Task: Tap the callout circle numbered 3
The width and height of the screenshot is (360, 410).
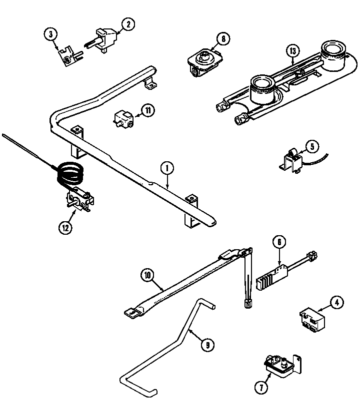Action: (49, 34)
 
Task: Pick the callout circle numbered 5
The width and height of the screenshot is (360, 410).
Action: (311, 146)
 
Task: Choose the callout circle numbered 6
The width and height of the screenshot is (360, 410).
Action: (279, 242)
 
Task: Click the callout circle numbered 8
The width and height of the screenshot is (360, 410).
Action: (222, 38)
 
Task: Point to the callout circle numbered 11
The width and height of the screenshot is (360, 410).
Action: (147, 111)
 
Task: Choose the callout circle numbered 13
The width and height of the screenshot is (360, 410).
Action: (293, 50)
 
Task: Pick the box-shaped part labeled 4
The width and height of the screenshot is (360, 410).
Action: (311, 320)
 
